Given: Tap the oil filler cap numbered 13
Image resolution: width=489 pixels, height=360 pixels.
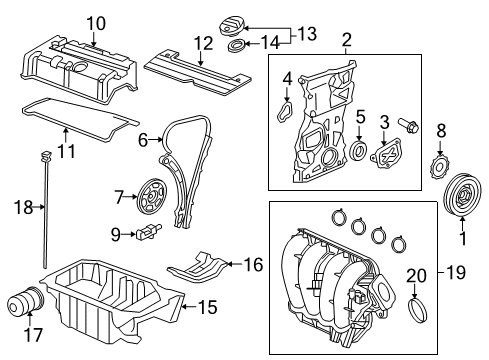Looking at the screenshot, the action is coord(232,27).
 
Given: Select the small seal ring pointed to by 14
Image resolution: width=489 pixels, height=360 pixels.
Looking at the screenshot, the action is coord(237,45).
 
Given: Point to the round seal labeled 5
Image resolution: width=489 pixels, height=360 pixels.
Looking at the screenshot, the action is coord(359,150).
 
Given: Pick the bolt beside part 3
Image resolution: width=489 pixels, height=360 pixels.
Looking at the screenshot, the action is coord(408,125).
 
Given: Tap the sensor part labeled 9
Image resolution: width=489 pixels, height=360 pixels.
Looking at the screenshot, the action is coord(148,231).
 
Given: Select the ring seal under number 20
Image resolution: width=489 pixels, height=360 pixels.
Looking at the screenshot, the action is coord(418,310).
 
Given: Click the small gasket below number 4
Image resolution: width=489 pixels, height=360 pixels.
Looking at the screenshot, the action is coord(285,112).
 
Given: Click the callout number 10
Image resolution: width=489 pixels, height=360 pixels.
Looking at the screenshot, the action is coord(96,24).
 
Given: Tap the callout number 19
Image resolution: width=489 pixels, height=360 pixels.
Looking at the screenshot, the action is coord(456,273).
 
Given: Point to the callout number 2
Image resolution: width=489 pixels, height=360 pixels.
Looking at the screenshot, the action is coord(347,40).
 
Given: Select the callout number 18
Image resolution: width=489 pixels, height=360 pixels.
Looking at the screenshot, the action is coord(24,207).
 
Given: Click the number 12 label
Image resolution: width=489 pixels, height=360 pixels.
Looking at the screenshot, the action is coord(203,43).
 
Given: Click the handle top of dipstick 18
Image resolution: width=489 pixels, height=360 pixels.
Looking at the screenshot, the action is coord(46,154).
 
